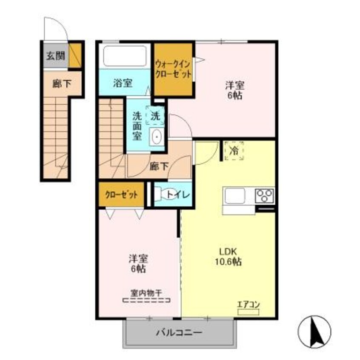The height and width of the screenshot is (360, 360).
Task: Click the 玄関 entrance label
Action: point(56,56)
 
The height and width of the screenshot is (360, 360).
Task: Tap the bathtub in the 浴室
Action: point(125,56)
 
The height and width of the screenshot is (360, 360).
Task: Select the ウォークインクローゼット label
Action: point(173,69)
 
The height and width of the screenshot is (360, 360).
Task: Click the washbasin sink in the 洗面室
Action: point(157,136)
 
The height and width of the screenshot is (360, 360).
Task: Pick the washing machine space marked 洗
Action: point(155,115)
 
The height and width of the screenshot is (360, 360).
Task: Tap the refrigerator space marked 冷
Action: point(234,151)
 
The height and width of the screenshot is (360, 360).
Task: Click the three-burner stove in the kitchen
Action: point(265,196)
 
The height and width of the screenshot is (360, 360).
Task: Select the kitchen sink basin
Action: point(234,196)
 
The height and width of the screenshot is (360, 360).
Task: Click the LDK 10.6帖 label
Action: point(228,257)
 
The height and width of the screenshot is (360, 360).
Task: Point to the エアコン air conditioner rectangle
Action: point(249,312)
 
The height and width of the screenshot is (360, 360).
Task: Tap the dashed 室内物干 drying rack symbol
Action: point(146,300)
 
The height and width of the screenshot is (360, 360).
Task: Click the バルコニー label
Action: point(179,332)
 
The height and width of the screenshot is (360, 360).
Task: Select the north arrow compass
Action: point(314,332)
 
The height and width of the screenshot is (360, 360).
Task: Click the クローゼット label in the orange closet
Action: point(121,195)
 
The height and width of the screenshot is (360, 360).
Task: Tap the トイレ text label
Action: point(178,195)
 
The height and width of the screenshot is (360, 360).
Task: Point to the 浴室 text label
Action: point(123,83)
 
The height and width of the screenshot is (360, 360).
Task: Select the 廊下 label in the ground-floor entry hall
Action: point(62,83)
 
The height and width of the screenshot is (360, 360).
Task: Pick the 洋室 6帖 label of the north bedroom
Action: point(234,90)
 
